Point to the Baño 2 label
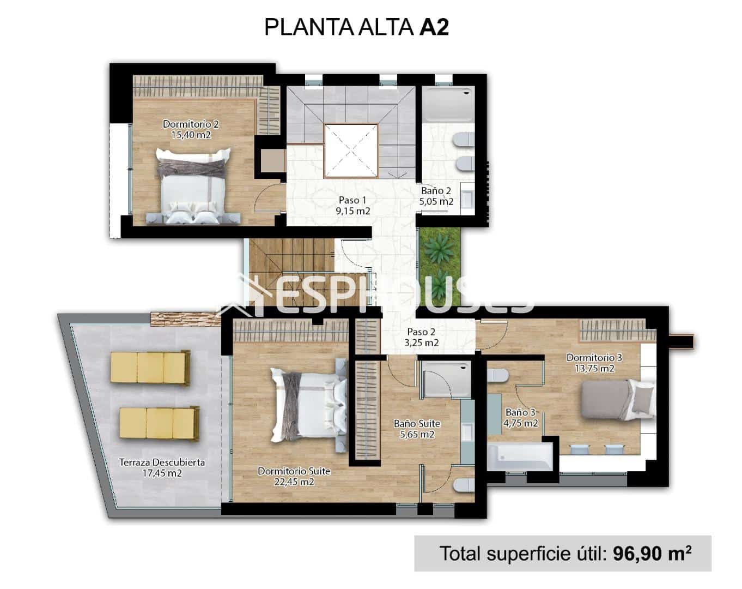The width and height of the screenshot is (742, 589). point(436,196)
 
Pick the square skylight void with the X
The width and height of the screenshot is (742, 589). point(351,151)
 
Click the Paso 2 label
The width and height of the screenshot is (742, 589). point(421,337)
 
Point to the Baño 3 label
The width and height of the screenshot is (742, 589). point(521,417)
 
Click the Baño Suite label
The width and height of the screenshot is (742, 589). point(417,429)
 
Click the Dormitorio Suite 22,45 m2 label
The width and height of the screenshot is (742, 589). point(294,476)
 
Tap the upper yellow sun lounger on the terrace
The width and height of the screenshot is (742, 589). point(150,366)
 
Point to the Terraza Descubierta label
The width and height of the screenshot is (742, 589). point(162,467)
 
